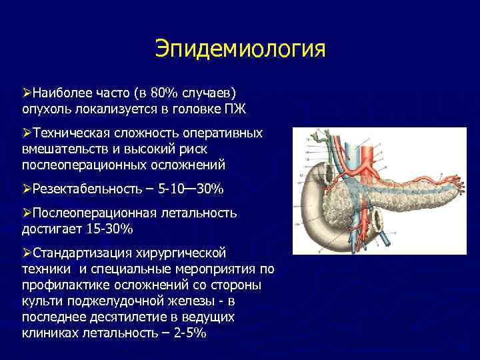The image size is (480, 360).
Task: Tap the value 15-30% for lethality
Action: [110, 229]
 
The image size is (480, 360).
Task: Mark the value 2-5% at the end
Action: [191, 331]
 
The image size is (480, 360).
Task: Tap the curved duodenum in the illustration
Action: [313, 213]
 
